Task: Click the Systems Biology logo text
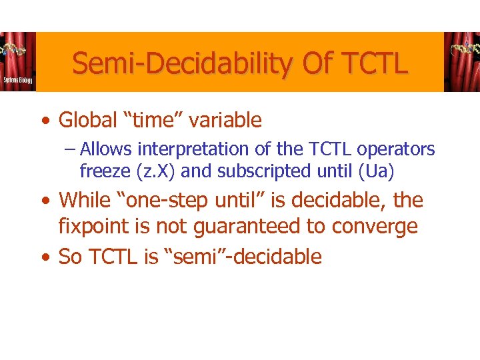tap(16, 80)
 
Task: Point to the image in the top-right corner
tap(461, 61)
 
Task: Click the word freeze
tap(105, 171)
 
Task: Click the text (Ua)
tap(376, 171)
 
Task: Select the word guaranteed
tap(249, 227)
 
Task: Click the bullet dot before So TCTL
tap(44, 257)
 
